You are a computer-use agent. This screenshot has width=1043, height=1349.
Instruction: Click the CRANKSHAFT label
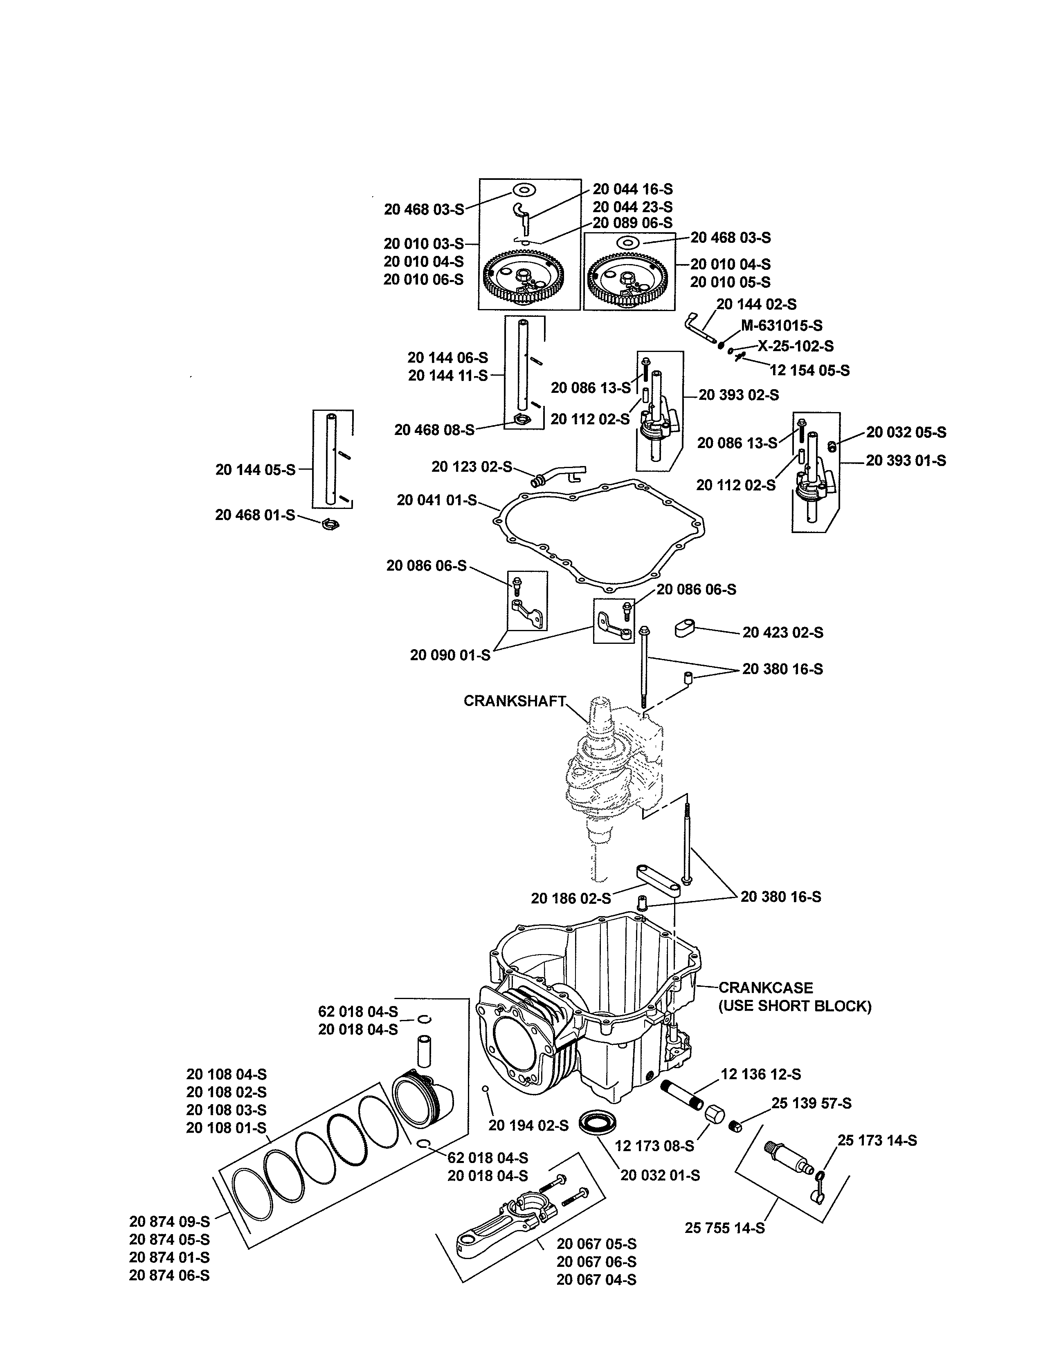coord(514,701)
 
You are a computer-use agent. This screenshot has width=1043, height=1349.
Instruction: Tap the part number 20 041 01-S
coord(436,500)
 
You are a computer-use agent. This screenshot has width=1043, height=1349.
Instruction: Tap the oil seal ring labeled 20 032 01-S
coord(597,1121)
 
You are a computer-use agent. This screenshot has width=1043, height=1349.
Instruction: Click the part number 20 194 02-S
coord(528,1125)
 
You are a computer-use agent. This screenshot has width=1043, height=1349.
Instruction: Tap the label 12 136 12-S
coord(761,1074)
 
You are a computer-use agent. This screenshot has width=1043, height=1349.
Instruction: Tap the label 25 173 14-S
coord(877,1140)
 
